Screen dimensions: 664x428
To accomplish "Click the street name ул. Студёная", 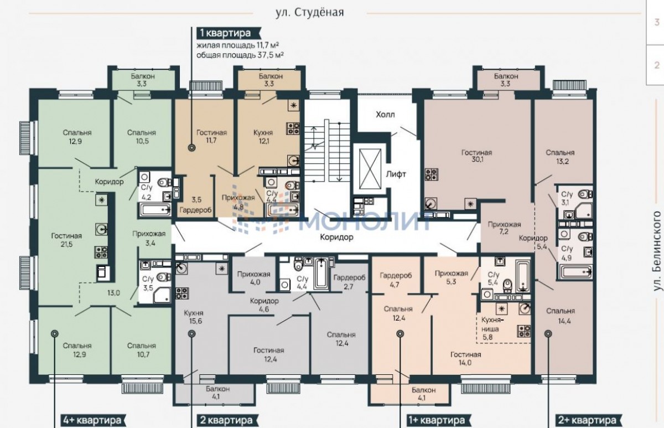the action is [310, 12].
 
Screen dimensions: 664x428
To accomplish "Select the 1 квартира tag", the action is [225, 33].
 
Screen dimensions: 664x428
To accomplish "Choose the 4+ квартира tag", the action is [92, 420].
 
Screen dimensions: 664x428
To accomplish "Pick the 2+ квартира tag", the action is [587, 420].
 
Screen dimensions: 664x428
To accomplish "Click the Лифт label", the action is [396, 174].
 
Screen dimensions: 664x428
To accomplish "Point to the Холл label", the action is [385, 115].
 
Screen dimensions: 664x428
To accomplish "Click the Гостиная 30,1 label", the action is [476, 156].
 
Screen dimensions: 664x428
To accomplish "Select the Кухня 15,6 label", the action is [194, 317].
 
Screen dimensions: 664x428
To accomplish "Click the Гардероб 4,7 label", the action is [396, 280].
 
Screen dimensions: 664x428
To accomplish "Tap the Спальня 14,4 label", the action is [561, 316].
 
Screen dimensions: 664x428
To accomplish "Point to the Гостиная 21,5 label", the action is [66, 240].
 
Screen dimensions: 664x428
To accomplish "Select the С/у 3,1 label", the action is [567, 198].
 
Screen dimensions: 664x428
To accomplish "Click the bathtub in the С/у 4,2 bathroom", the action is [155, 210].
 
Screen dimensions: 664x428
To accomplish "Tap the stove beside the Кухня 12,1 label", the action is [293, 128].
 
